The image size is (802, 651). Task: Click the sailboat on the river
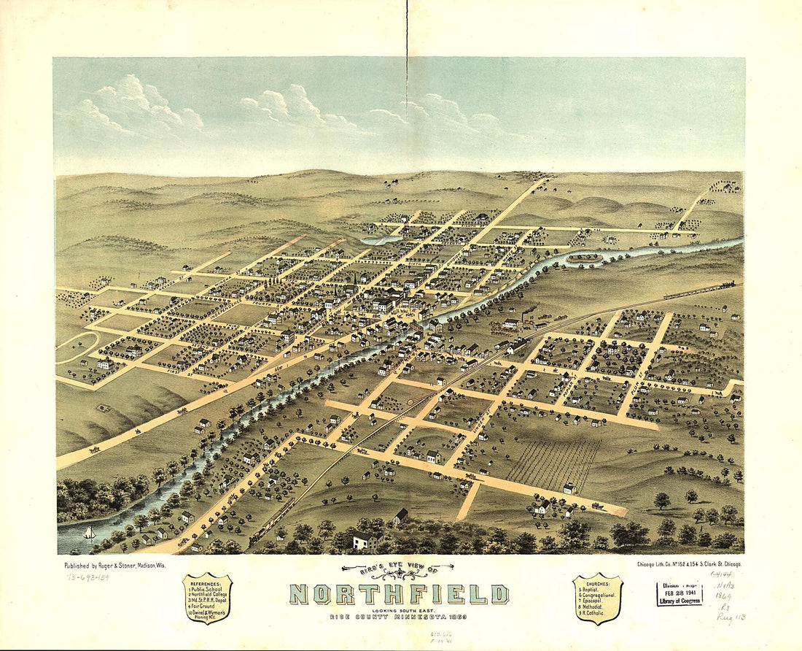click(90, 533)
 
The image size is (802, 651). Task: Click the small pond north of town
click(380, 239)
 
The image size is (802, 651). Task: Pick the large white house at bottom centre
click(367, 540)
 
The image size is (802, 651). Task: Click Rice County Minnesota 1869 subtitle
click(397, 617)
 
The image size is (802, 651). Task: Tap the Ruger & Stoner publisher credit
click(107, 564)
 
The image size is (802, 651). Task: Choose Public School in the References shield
click(208, 588)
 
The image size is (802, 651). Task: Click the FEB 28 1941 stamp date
click(680, 593)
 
